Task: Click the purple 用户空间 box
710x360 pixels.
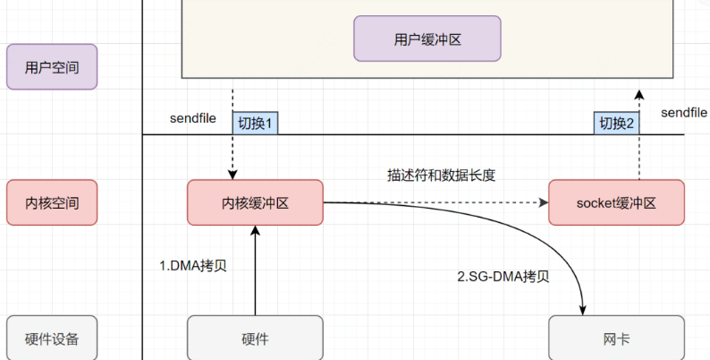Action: [51, 66]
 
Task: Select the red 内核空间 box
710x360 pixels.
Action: [51, 202]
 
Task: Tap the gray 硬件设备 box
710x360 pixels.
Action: [51, 339]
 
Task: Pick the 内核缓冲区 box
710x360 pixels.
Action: [255, 202]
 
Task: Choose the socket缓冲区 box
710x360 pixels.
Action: [616, 202]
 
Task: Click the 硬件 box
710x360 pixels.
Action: [255, 339]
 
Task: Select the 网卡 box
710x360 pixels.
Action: [616, 339]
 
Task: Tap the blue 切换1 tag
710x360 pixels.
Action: [256, 124]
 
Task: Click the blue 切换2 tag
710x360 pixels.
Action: [617, 124]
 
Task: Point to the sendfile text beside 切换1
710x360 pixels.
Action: [193, 119]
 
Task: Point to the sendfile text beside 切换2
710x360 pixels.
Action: [684, 113]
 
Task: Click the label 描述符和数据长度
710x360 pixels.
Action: [435, 176]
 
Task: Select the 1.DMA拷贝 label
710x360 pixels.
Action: [193, 266]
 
